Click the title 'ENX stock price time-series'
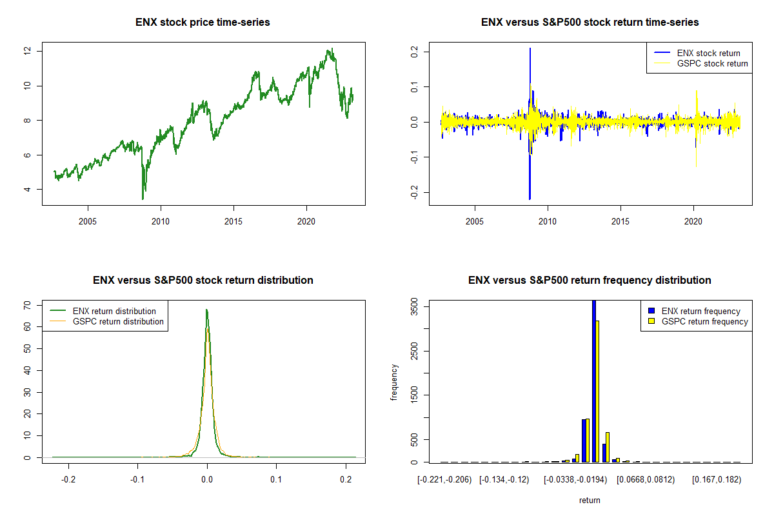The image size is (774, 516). (203, 23)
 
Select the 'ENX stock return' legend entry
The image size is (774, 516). (708, 53)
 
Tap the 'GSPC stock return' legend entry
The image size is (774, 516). (712, 63)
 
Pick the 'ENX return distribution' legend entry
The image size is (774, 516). (114, 312)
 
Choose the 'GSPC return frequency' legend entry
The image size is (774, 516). (704, 321)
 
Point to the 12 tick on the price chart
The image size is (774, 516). (28, 51)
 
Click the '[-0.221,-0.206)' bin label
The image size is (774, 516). (444, 480)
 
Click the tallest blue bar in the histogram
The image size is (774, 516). (594, 381)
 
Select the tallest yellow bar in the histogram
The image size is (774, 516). (598, 391)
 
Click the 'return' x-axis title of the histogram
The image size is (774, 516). (590, 501)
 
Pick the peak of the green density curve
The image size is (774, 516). (206, 310)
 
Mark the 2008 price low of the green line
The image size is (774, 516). (143, 199)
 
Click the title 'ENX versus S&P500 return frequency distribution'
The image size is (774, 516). (590, 281)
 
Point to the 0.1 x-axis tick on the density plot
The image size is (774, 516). (277, 480)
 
